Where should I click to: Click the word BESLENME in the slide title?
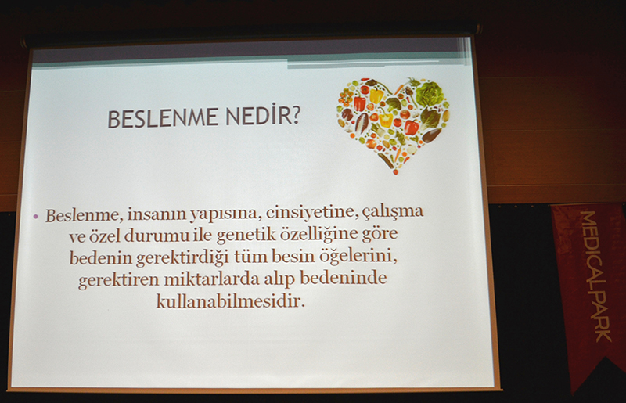163,118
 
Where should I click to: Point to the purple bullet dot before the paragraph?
36,217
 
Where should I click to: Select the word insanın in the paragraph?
156,214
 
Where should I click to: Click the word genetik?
246,235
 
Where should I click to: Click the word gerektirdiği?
182,257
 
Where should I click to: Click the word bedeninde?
344,278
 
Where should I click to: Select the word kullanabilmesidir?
230,300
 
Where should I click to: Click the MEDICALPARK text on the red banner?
595,275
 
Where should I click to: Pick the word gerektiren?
119,280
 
